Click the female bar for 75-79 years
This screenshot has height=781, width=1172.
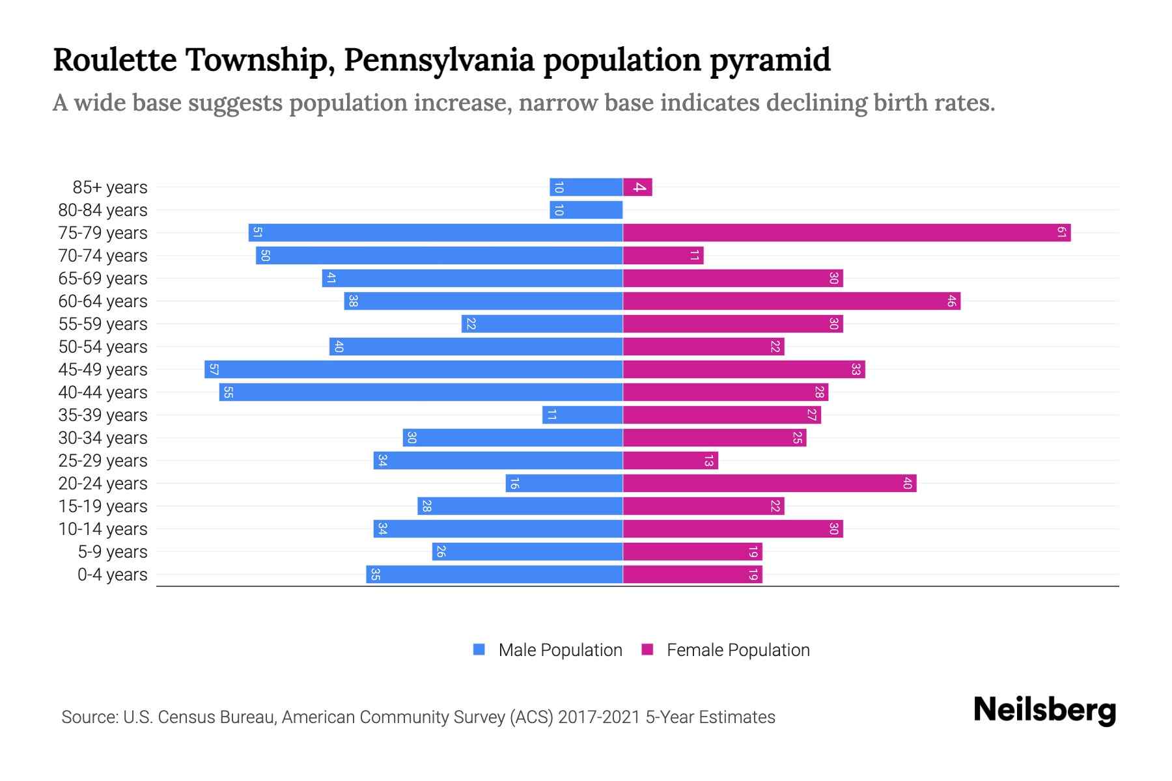click(x=846, y=233)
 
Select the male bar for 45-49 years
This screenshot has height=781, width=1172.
click(x=413, y=370)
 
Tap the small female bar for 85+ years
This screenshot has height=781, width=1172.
click(x=637, y=187)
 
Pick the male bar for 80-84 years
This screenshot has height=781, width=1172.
click(x=586, y=210)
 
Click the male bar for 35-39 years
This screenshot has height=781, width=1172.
click(x=583, y=415)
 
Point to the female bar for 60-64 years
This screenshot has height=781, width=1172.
click(x=791, y=301)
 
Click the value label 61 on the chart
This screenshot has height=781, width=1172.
click(x=1061, y=233)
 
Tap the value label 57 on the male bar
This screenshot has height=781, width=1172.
click(x=214, y=370)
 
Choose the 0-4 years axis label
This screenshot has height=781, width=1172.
click(x=112, y=575)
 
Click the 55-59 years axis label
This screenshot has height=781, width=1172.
click(x=103, y=324)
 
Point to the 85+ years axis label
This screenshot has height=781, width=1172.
click(x=109, y=187)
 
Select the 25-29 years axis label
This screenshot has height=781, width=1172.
click(x=103, y=461)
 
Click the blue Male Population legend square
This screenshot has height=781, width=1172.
click(x=479, y=650)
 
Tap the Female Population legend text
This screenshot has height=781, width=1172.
click(x=738, y=650)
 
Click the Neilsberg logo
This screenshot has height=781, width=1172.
click(x=1044, y=710)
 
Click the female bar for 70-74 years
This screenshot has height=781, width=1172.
click(x=663, y=256)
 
